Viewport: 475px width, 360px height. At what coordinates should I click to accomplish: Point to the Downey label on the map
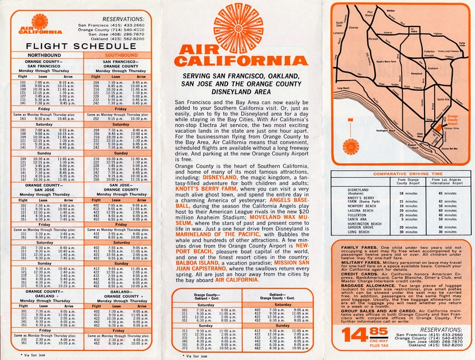coord(353,27)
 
